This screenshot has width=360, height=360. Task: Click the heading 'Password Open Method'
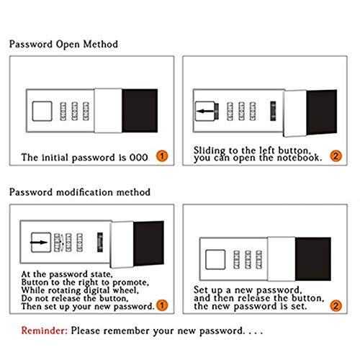tap(63, 45)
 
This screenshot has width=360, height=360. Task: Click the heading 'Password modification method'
tap(80, 192)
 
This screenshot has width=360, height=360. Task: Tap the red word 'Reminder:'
tap(45, 330)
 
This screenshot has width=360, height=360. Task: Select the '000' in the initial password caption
tap(139, 158)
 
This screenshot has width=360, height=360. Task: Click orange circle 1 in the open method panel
tap(162, 156)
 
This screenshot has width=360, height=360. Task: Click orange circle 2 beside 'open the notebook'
tap(336, 156)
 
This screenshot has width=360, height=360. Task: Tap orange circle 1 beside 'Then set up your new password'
tap(162, 305)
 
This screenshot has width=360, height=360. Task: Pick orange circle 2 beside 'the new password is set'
tap(336, 306)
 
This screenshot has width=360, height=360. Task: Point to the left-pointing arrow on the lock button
tap(205, 111)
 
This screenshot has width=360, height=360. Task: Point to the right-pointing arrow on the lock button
tap(39, 242)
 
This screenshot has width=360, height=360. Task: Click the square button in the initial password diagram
tap(42, 111)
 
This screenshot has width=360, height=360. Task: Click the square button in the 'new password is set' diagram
tap(215, 259)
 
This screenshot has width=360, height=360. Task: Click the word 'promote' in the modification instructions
tap(130, 282)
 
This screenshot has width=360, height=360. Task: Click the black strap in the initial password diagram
tap(140, 111)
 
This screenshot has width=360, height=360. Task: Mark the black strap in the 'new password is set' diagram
tap(313, 259)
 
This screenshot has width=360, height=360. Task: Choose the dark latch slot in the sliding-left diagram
tap(273, 111)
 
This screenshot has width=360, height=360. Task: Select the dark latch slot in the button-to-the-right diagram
tap(100, 242)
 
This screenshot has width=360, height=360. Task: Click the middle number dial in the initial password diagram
tap(75, 111)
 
